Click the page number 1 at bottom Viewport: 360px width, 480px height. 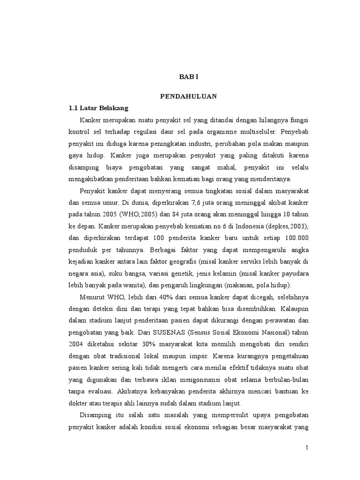(x=307, y=448)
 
